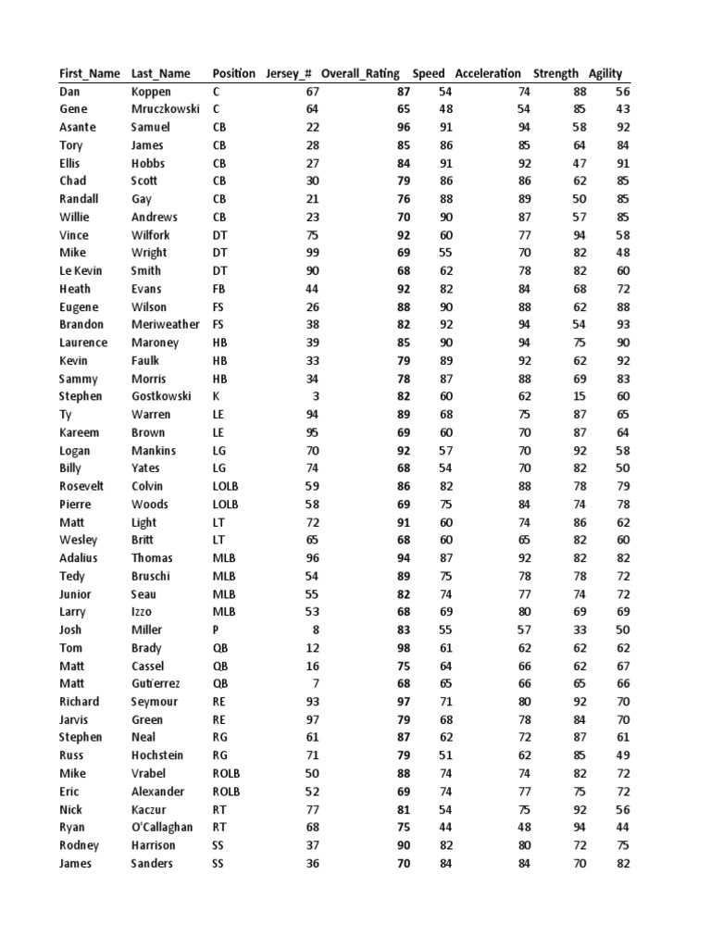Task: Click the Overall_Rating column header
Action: click(x=360, y=74)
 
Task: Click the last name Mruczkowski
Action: click(x=166, y=109)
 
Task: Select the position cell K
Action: click(x=217, y=396)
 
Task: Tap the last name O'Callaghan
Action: click(x=162, y=827)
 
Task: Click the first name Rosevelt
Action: click(x=81, y=486)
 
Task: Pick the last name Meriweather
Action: click(x=166, y=325)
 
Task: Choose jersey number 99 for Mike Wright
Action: click(x=311, y=253)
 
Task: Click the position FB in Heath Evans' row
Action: click(x=219, y=289)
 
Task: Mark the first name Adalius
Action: click(x=78, y=558)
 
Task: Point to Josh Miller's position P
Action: click(x=216, y=630)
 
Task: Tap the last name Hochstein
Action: click(x=159, y=755)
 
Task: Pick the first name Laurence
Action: click(x=83, y=343)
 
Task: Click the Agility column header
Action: click(x=605, y=74)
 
